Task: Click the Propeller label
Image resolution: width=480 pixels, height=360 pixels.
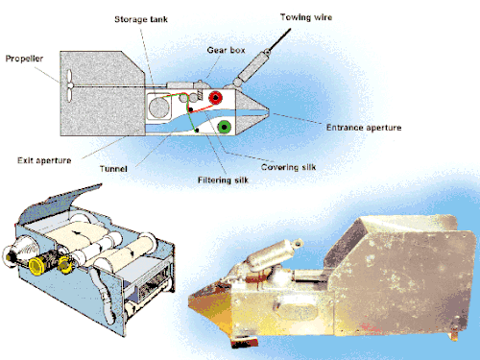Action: coord(24,59)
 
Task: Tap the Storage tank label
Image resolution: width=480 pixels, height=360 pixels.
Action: coord(141,19)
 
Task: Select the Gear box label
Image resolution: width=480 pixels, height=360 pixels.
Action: coord(226,50)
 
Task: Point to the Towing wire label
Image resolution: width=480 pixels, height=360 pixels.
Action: coord(306,17)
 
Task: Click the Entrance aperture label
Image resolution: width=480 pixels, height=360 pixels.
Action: coord(364,128)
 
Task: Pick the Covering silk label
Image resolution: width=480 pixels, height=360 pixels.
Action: coord(288,167)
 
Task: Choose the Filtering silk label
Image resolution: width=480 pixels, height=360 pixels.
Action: coord(223,180)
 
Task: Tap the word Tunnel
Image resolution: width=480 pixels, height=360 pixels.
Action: coord(113,169)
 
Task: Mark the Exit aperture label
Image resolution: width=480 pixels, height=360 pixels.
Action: coord(44,160)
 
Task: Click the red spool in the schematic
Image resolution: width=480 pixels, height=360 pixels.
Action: coord(216,97)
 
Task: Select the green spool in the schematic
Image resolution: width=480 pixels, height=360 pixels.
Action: coord(225,127)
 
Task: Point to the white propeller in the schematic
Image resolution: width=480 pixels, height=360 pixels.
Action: coord(69,85)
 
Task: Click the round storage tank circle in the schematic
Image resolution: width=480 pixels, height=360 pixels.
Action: coord(158,107)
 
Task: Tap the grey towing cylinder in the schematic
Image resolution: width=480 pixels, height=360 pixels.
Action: coord(252,68)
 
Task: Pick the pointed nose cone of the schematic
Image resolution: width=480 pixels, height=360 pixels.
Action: coord(252,111)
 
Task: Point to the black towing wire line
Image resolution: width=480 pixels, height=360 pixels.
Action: coord(279,39)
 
